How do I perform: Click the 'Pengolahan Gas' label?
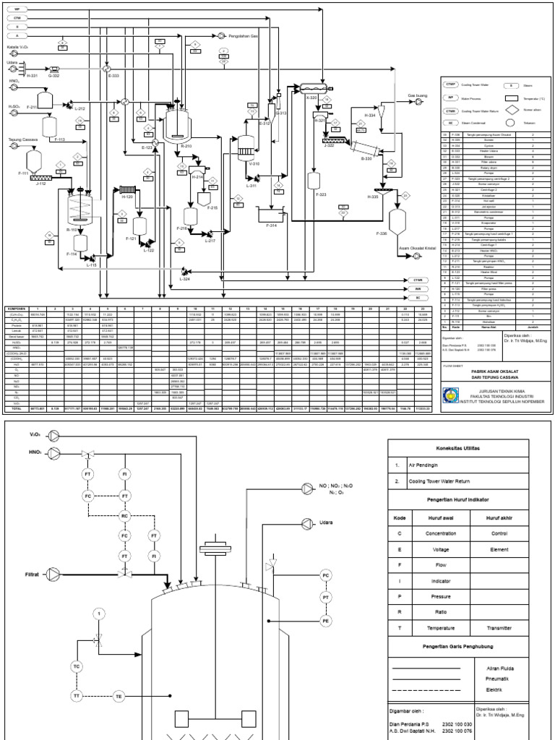(244, 35)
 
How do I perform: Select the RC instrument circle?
(125, 516)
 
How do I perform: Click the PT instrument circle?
(325, 598)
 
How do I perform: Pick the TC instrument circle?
(77, 666)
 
